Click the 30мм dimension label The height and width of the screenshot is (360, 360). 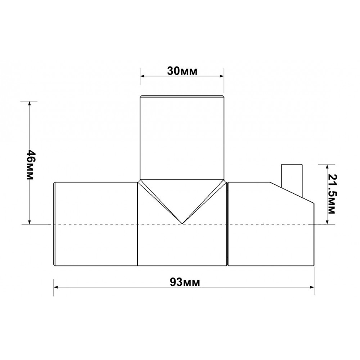[x=182, y=71]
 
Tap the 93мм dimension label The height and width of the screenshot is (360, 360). [x=185, y=282]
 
